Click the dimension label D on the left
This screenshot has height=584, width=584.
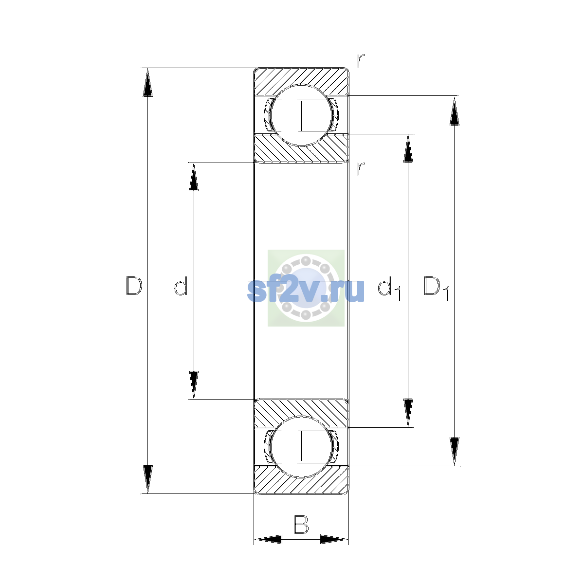click(134, 286)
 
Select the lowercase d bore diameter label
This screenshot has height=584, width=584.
click(181, 286)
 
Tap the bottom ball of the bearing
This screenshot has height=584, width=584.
click(301, 447)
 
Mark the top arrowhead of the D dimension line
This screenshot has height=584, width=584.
click(147, 82)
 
